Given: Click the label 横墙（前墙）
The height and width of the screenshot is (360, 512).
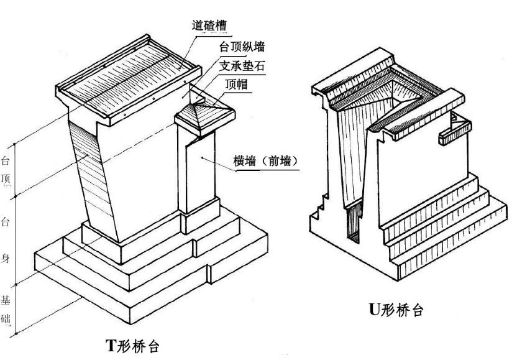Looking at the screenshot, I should tap(269, 161).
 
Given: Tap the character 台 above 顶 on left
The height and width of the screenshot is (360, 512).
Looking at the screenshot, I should tap(5, 161).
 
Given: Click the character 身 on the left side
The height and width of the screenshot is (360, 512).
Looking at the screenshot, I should tap(5, 258).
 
